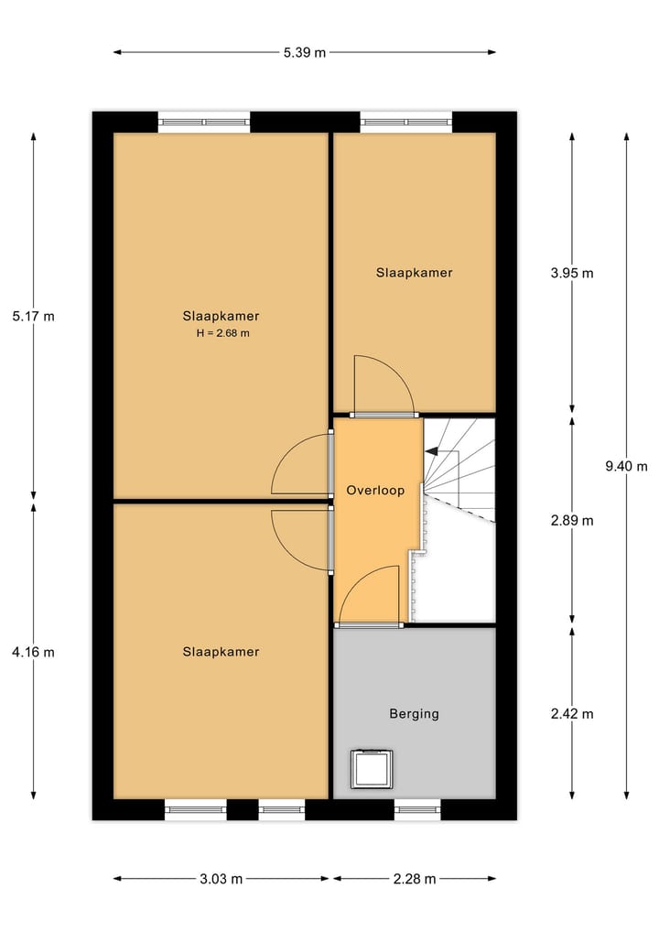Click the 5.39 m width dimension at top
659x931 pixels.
click(305, 52)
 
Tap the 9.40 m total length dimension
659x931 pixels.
click(626, 466)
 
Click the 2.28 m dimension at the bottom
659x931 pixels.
click(415, 879)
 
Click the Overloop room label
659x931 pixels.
click(375, 491)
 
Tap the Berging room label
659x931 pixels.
click(414, 714)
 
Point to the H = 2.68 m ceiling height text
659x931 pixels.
click(222, 333)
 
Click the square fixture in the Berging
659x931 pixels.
click(373, 769)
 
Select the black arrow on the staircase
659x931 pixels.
click(432, 451)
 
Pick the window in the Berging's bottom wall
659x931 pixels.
click(417, 809)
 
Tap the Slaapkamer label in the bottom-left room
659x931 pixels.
click(221, 652)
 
